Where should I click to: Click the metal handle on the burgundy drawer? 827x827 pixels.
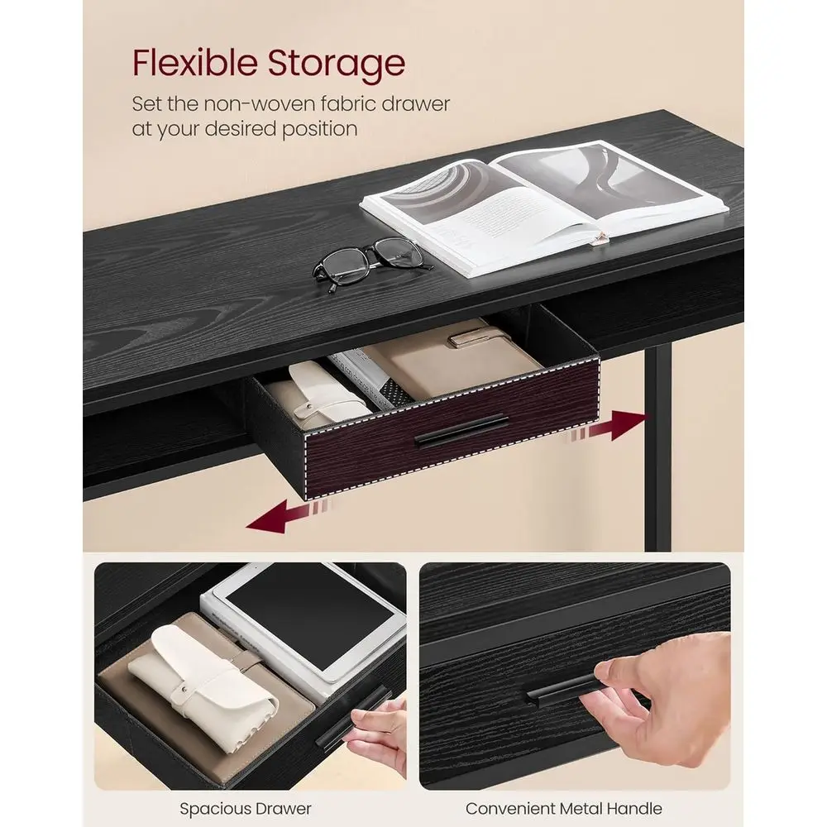pos(461,431)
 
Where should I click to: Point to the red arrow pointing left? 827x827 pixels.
pos(289,516)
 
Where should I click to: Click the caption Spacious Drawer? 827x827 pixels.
pos(246,808)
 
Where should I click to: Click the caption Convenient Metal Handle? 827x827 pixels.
pos(563,808)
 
